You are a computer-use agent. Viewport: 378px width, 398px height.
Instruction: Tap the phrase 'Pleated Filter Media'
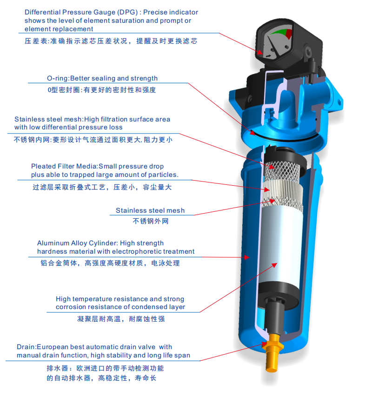tap(64, 166)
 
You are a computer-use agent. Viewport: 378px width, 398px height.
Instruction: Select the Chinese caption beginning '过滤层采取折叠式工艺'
tap(102, 187)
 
